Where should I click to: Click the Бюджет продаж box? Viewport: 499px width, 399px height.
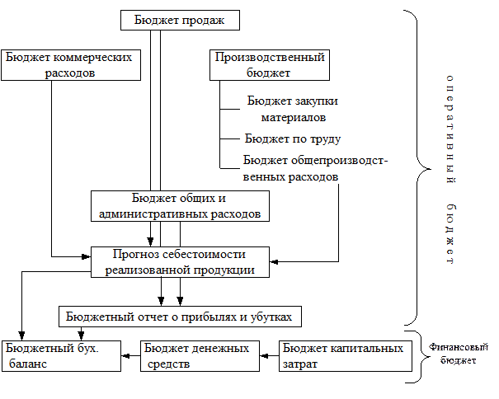(180, 20)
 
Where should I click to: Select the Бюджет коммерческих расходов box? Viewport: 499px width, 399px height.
(69, 65)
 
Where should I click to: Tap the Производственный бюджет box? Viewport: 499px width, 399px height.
(269, 65)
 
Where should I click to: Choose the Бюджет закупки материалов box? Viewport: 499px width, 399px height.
(293, 109)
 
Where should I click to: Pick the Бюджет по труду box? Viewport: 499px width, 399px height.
(293, 138)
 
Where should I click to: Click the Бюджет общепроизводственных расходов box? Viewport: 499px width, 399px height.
(323, 168)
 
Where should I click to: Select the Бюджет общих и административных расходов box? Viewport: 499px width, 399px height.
(180, 206)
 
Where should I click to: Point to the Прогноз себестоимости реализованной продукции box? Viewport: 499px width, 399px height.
(180, 261)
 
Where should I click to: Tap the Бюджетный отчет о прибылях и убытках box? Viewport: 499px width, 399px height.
(180, 317)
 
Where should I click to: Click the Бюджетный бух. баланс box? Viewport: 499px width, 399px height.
(61, 356)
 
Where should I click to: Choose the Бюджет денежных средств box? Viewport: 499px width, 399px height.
(196, 356)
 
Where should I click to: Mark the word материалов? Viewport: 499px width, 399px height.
(293, 117)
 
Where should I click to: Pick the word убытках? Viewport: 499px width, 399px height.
(269, 317)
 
